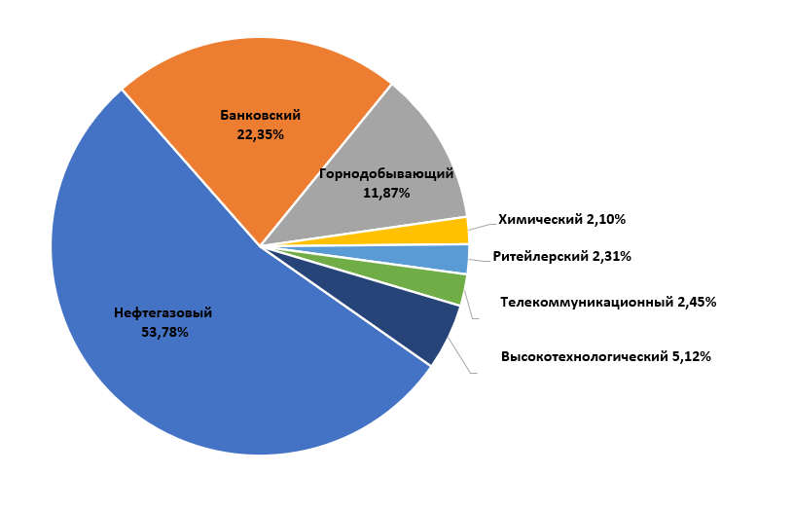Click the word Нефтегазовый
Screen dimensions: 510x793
[162, 313]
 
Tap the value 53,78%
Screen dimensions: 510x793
[163, 332]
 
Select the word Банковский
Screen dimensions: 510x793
[260, 115]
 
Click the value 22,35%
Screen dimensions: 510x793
[260, 134]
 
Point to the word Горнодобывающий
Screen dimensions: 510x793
[386, 174]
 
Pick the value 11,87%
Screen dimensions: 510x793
[386, 193]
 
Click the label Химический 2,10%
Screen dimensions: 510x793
[561, 220]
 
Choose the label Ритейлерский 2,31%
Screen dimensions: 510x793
[561, 257]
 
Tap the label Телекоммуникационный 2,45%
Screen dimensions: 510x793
[608, 303]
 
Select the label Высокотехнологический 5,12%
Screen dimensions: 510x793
[605, 356]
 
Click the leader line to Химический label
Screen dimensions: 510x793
[481, 224]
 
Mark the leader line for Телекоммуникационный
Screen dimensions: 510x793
[472, 308]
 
